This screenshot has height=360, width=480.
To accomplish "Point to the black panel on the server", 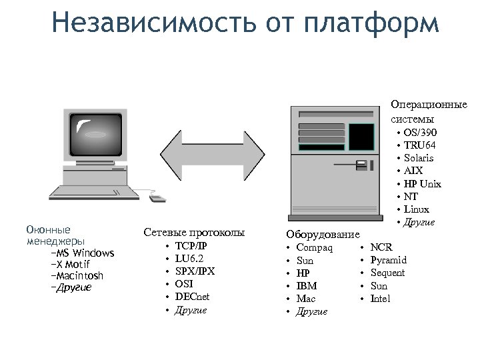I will pyautogui.click(x=361, y=137).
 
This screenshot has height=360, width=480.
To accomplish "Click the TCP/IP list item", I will pyautogui.click(x=191, y=246).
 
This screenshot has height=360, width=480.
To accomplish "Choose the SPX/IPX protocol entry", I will pyautogui.click(x=195, y=271).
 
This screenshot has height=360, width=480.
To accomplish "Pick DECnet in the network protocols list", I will pyautogui.click(x=192, y=297).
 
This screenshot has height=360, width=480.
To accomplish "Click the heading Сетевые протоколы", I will pyautogui.click(x=194, y=233).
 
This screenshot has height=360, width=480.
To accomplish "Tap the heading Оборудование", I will pyautogui.click(x=323, y=235).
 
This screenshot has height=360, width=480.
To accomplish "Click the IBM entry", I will pyautogui.click(x=307, y=286).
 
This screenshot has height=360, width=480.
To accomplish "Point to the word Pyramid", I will pyautogui.click(x=388, y=260).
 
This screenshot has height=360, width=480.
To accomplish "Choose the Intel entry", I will pyautogui.click(x=380, y=299).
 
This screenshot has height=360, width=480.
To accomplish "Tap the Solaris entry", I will pyautogui.click(x=419, y=158).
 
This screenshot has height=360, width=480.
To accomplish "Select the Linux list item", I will pyautogui.click(x=417, y=209).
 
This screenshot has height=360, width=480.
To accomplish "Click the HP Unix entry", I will pyautogui.click(x=423, y=184).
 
